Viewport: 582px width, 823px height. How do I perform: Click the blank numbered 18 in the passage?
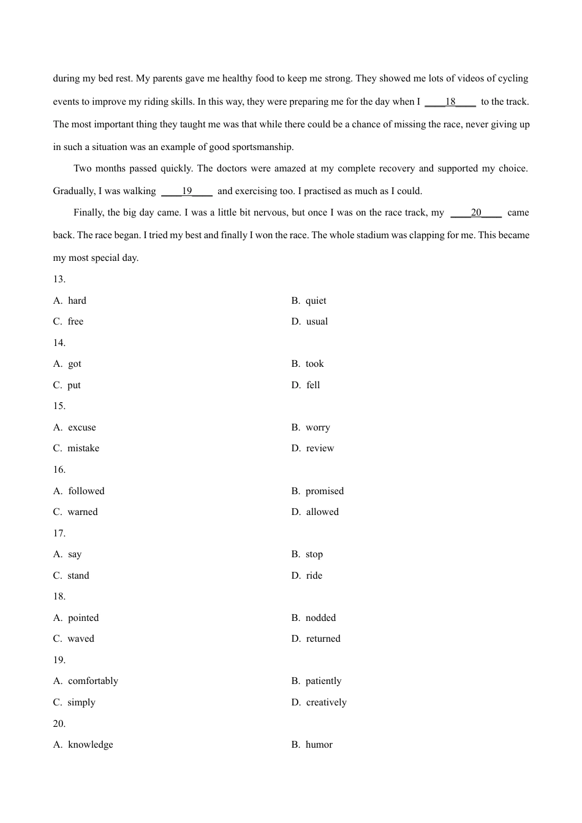pos(450,102)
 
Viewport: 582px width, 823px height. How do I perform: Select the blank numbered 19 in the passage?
pos(187,191)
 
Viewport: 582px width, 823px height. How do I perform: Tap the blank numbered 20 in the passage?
pos(476,212)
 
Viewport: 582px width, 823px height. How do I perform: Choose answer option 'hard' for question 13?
pos(77,301)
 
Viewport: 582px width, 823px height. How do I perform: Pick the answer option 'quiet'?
pos(316,301)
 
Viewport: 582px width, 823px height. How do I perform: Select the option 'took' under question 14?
pos(314,364)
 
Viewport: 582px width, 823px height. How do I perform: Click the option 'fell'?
pos(313,385)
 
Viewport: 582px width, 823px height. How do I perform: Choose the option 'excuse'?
pos(81,427)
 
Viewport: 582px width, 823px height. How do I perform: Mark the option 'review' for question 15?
pos(320,448)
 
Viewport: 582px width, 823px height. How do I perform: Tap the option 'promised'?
pos(325,491)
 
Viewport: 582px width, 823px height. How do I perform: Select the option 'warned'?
pos(82,512)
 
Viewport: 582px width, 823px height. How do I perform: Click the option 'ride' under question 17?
pos(314,576)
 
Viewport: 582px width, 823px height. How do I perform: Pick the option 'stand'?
pos(78,576)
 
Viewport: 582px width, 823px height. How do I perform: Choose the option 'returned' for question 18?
pos(323,639)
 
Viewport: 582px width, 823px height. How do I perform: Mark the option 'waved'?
pos(80,639)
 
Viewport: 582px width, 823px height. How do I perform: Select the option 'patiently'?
pos(323,681)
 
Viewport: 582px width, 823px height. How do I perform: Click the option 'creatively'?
pos(326,702)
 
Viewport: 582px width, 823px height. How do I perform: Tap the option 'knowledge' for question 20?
pos(90,745)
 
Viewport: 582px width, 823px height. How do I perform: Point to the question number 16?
pos(59,470)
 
